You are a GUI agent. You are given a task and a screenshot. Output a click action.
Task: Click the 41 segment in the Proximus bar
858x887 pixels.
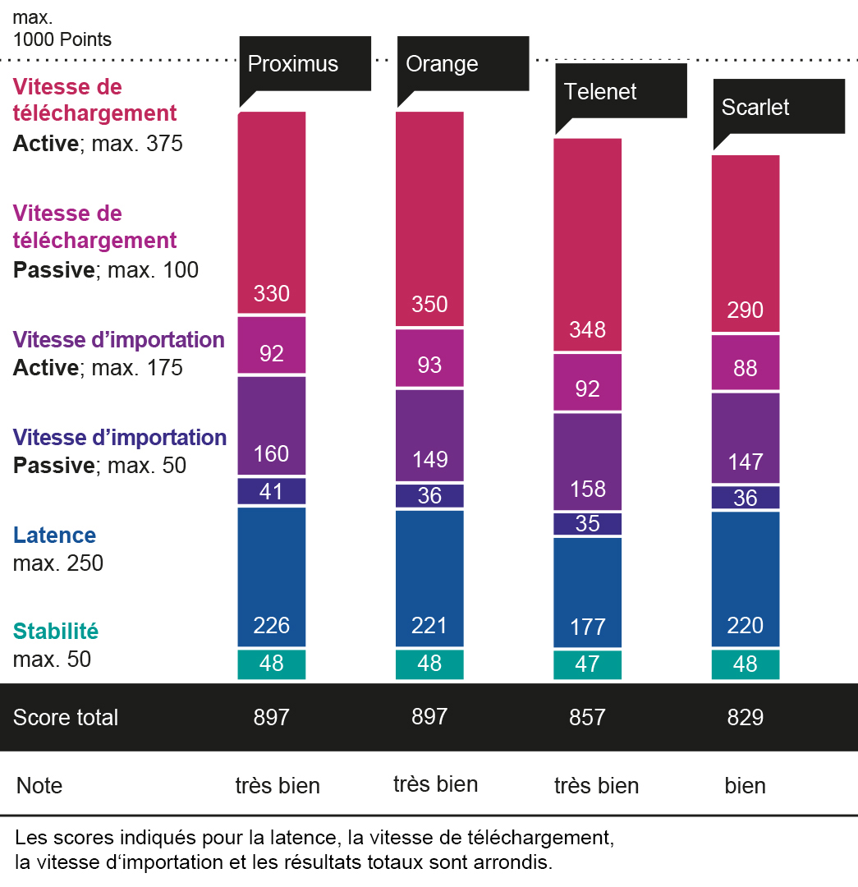[x=272, y=491]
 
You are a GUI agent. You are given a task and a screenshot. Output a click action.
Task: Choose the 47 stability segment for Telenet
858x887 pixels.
[x=587, y=664]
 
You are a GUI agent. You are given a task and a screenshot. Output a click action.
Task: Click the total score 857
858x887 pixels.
[x=587, y=717]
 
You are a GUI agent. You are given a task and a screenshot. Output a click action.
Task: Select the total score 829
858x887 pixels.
[x=745, y=717]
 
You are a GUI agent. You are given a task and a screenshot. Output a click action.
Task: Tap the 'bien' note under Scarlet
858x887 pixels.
[x=745, y=785]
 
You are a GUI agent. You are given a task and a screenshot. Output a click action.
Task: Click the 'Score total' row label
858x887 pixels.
[x=66, y=717]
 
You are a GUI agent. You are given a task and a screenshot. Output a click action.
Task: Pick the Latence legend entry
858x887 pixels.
[x=55, y=535]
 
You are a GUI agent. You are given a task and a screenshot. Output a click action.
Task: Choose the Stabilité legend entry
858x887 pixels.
[x=56, y=632]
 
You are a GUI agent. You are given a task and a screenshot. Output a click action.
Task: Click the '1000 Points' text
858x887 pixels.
[x=62, y=39]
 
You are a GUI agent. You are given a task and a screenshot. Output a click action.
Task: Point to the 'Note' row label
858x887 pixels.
[x=39, y=785]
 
